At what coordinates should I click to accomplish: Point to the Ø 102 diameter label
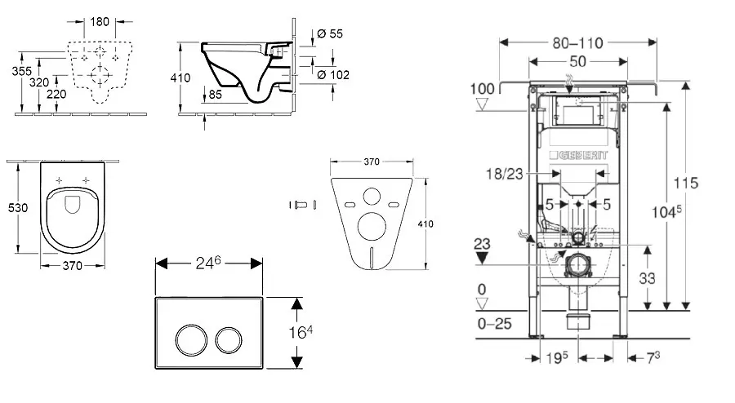coord(332,75)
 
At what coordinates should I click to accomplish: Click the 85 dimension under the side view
coord(215,94)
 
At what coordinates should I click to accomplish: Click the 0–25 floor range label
coord(494,323)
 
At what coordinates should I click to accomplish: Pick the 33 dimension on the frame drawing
coord(646,277)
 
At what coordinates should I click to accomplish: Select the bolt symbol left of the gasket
coord(301,204)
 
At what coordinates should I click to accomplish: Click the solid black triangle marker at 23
coord(483,258)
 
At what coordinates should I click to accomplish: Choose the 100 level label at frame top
coord(483,88)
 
